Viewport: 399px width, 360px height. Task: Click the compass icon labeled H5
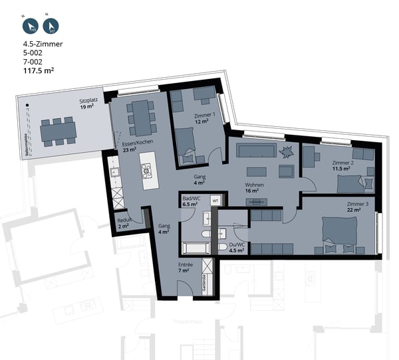(x=30, y=27)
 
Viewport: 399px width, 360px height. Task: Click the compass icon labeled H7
(x=50, y=27)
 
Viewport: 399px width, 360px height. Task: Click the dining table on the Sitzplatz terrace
(x=58, y=132)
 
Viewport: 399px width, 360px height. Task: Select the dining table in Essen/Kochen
(x=141, y=116)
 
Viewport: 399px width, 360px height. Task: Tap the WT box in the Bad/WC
(x=215, y=199)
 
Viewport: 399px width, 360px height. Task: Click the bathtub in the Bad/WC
(x=196, y=248)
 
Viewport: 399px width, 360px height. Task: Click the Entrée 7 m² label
(x=186, y=268)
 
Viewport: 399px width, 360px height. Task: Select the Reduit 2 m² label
(x=124, y=223)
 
